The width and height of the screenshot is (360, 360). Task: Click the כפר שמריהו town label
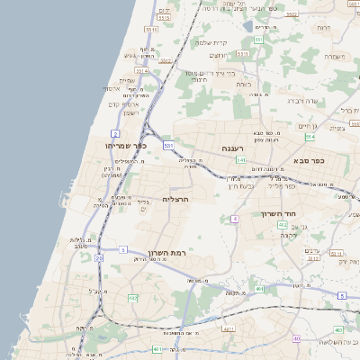coord(119,145)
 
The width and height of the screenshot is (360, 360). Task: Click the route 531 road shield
coord(167,144)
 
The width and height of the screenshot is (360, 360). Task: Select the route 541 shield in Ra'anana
coord(240,159)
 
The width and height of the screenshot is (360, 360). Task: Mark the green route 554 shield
coord(310,138)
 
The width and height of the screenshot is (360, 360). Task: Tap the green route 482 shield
coord(296,338)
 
